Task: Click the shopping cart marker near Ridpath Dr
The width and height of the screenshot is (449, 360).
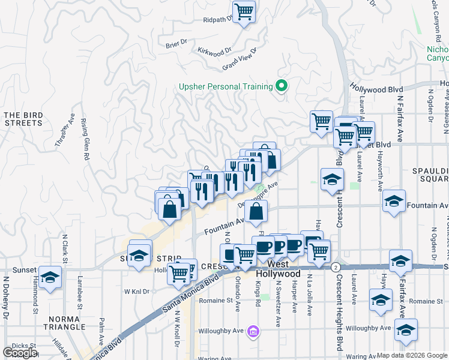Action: coord(244,11)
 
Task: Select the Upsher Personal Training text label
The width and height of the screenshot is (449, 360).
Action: coord(226,86)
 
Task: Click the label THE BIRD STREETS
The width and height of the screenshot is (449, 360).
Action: coord(23,119)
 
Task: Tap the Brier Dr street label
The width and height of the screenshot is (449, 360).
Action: coord(176,43)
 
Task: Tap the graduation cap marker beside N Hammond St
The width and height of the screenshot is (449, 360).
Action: coord(50,277)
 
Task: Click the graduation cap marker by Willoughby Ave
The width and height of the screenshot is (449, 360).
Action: coord(406,330)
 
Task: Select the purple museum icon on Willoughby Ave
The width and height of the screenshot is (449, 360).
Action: coord(253,331)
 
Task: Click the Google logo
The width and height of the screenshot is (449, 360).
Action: coord(20,353)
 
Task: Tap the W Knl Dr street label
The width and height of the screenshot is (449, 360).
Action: coord(136,291)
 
